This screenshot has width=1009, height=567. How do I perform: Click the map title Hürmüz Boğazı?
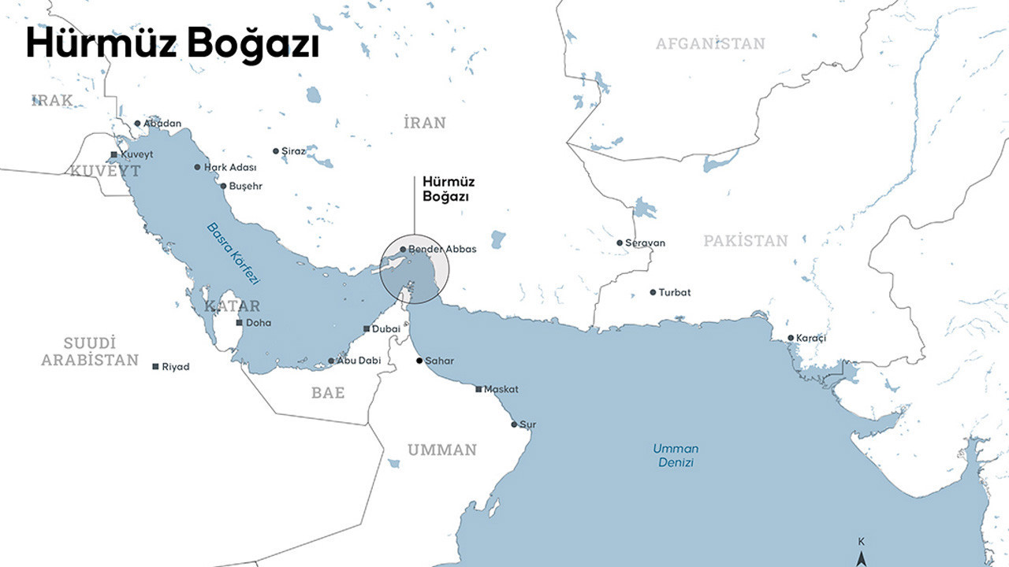[x=173, y=43]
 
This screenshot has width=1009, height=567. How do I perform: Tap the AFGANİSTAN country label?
[x=710, y=43]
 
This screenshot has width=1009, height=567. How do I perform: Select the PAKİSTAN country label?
[x=745, y=241]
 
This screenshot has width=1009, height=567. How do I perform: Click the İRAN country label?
[x=424, y=123]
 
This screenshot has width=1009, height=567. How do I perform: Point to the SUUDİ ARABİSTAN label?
[x=90, y=351]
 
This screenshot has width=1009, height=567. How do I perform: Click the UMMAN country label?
[x=441, y=450]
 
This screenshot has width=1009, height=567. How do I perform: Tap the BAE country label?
[x=328, y=392]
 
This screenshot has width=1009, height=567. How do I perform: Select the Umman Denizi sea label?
[x=676, y=455]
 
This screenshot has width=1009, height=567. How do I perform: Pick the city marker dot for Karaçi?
[x=791, y=338]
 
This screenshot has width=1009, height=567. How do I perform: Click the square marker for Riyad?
[x=156, y=366]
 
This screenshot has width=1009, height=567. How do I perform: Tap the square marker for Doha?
[x=240, y=323]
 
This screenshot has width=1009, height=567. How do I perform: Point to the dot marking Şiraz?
[x=276, y=151]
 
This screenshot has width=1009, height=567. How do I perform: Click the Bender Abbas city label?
[x=442, y=249]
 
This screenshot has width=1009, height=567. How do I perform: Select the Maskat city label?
[x=501, y=389]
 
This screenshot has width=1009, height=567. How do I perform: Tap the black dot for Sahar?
[x=419, y=361]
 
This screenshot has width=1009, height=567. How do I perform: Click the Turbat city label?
[x=675, y=292]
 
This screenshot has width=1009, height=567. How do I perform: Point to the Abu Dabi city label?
[x=359, y=361]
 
